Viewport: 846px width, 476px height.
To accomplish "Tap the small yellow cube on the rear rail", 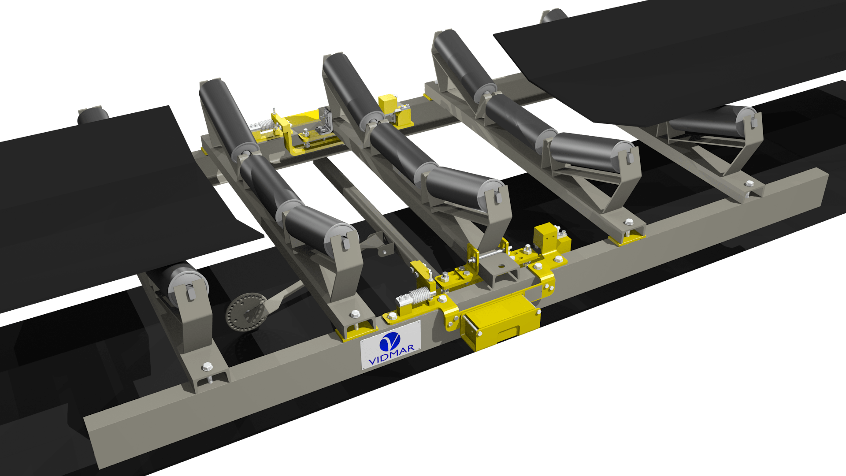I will [387, 103].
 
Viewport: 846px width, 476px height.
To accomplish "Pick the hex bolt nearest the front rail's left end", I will [207, 367].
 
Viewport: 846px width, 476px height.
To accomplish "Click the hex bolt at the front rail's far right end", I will [749, 183].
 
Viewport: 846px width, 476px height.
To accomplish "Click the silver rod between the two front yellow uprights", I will [491, 255].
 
